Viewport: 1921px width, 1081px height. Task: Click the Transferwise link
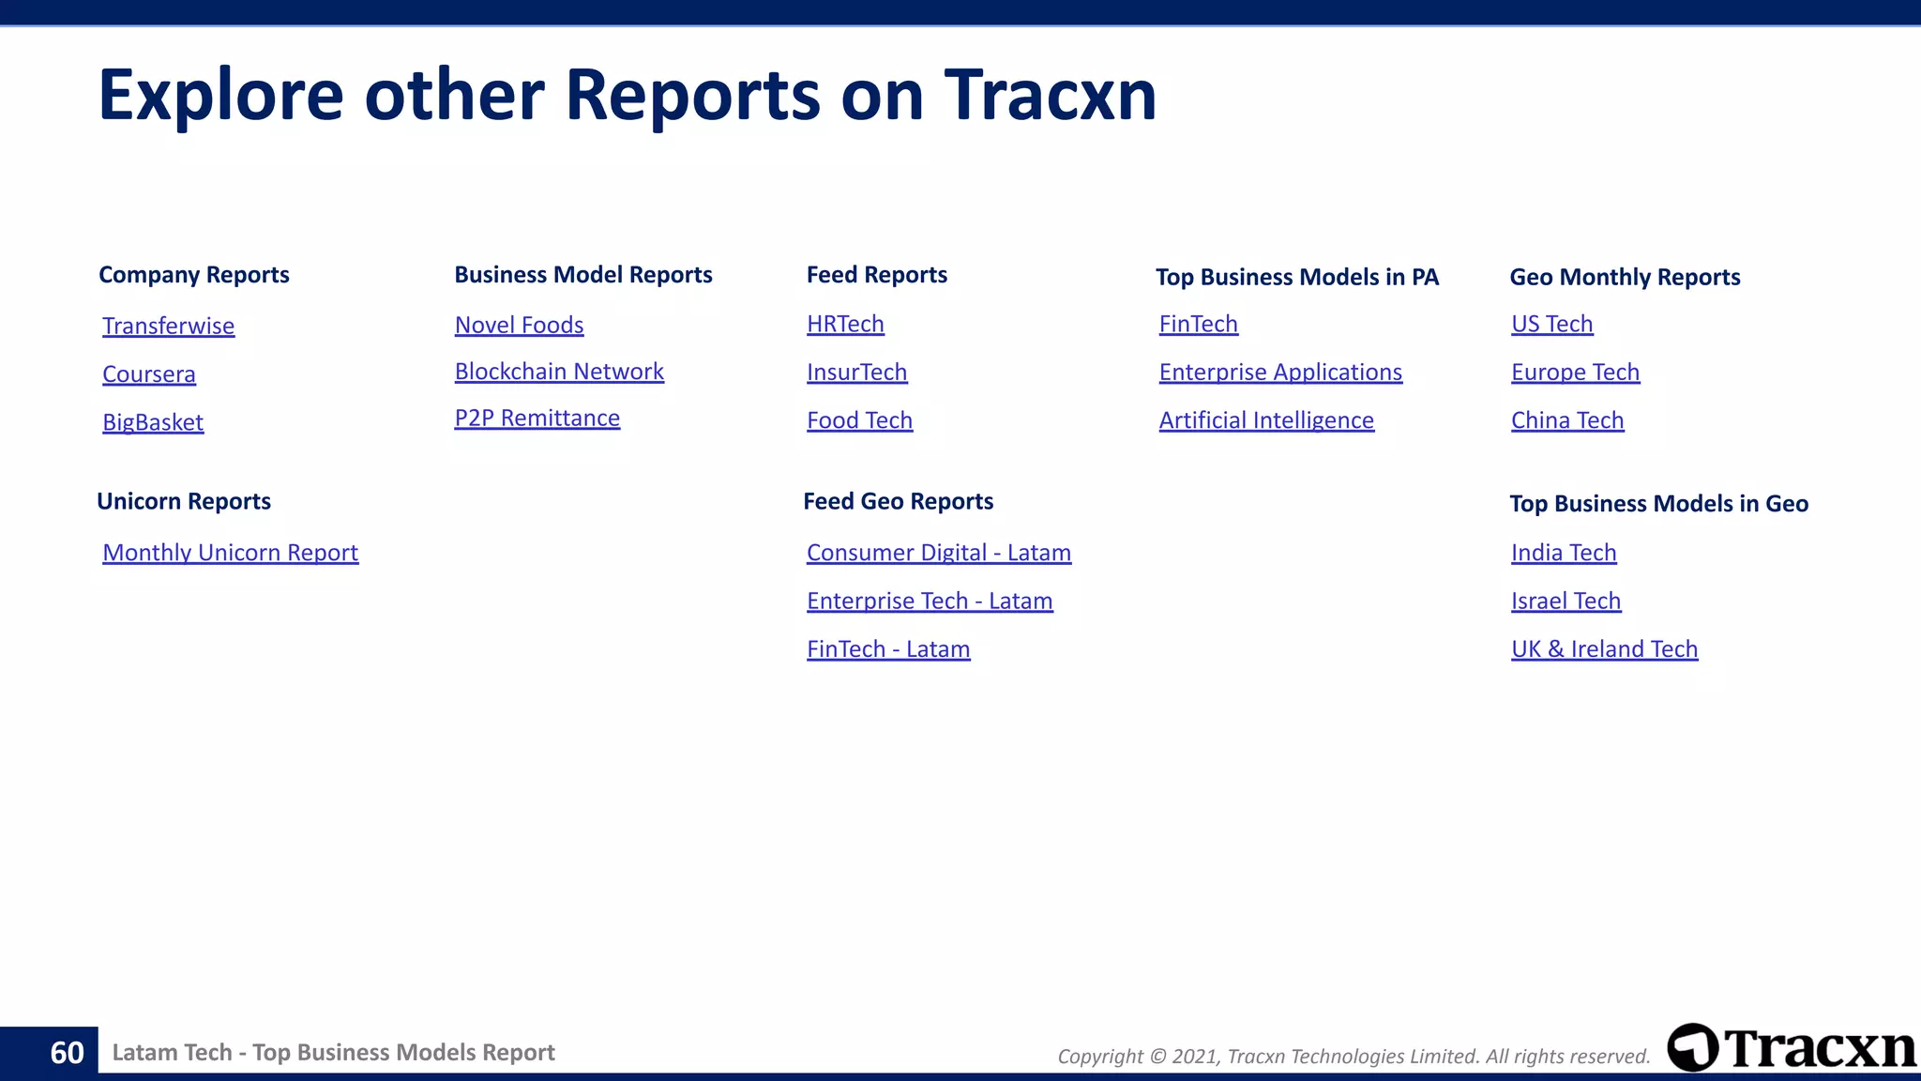(168, 326)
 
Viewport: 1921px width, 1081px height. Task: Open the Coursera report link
(149, 373)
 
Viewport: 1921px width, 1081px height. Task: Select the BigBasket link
(153, 422)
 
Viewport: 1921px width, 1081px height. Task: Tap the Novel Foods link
(519, 325)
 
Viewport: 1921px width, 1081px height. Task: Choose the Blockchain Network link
(559, 372)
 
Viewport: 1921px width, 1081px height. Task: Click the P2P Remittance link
(537, 418)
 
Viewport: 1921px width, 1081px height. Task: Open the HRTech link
(845, 324)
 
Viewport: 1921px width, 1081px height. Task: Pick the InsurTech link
(856, 373)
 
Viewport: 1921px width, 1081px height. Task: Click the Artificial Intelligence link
(1266, 420)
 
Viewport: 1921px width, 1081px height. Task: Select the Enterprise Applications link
(1280, 373)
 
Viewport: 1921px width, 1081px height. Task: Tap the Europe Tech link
(1575, 373)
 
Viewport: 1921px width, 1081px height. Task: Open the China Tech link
(1566, 420)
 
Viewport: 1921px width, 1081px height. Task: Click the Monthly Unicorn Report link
(230, 553)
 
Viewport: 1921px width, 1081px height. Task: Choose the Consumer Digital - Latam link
(938, 553)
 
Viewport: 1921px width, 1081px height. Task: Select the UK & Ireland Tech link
(1604, 649)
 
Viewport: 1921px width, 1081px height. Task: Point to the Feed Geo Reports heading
(898, 501)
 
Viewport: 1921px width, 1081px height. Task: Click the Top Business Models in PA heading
(1296, 277)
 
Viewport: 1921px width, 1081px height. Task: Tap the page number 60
(67, 1053)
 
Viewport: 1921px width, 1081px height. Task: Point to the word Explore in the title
(221, 96)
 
